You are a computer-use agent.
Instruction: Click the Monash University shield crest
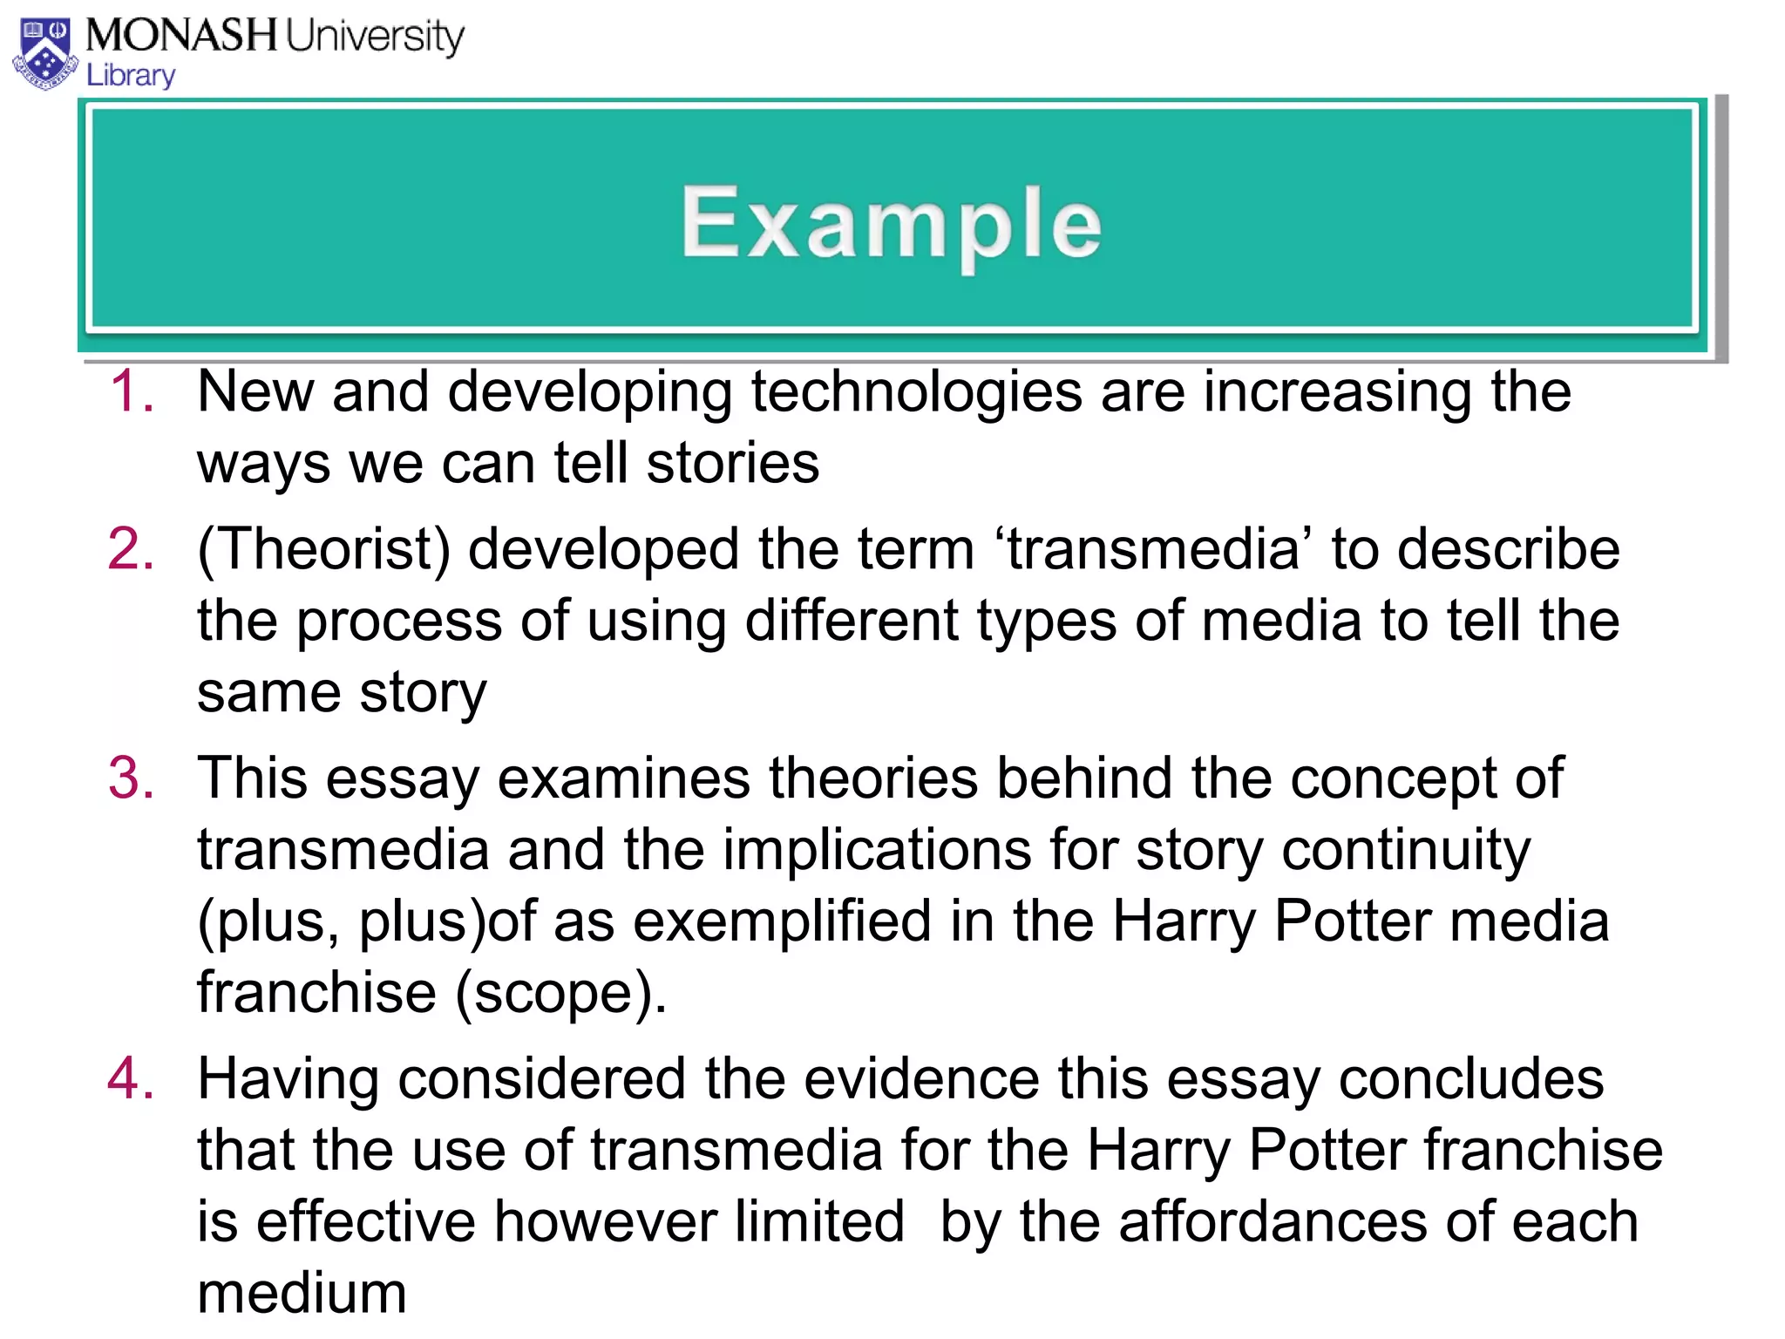tap(45, 54)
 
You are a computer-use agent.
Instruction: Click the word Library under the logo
tap(131, 76)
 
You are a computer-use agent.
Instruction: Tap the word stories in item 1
tap(733, 462)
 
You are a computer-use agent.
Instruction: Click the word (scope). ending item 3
tap(561, 994)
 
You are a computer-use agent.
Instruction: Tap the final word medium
tap(302, 1293)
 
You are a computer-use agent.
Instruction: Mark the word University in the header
tap(375, 37)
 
